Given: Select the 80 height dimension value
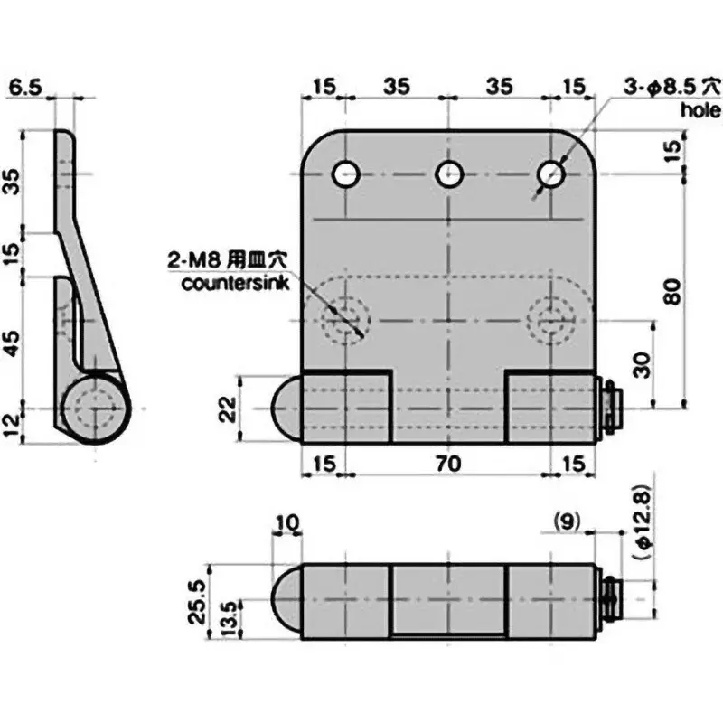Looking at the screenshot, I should pos(670,292).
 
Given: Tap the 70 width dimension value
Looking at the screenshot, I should pos(448,465).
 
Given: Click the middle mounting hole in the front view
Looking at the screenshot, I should pos(448,174).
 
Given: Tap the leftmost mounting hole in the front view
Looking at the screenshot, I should pos(346,174).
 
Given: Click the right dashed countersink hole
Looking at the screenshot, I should pos(550,320).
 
